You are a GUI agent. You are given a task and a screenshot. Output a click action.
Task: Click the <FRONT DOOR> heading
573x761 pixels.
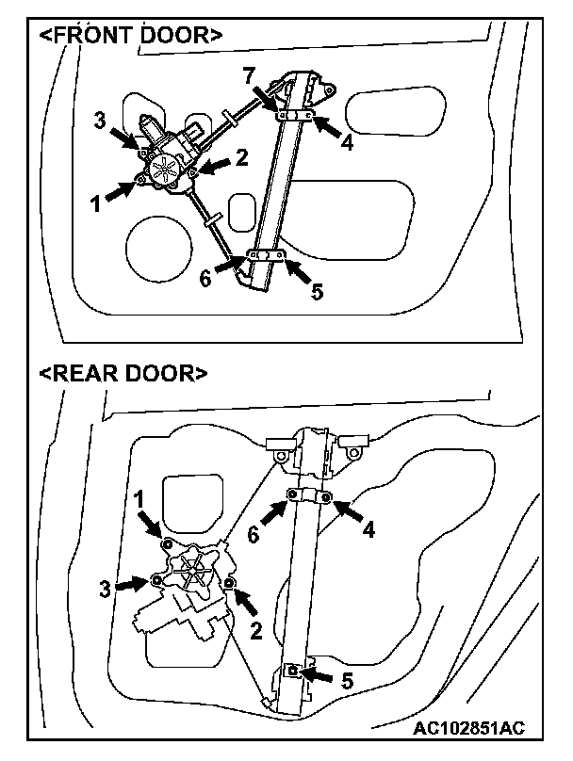(130, 36)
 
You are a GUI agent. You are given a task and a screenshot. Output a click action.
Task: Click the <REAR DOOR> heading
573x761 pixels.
(123, 373)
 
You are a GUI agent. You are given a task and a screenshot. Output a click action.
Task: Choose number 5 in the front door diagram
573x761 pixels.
(317, 291)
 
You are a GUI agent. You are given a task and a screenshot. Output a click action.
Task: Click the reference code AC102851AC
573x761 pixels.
(467, 728)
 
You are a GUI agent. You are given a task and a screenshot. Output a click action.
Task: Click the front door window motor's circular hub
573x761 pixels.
(168, 170)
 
